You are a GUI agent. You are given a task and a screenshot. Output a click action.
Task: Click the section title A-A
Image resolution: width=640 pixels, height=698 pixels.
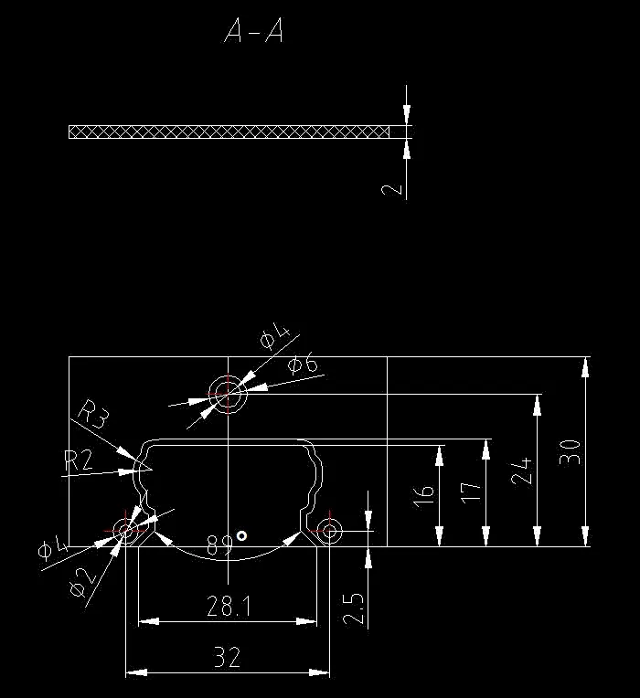pyautogui.click(x=253, y=33)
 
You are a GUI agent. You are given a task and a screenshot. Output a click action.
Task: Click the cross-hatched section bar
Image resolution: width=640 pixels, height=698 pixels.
pyautogui.click(x=229, y=132)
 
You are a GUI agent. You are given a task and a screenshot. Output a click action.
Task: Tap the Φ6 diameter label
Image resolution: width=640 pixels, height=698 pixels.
pyautogui.click(x=303, y=365)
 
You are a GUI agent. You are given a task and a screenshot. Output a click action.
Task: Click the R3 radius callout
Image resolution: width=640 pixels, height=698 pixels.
pyautogui.click(x=94, y=413)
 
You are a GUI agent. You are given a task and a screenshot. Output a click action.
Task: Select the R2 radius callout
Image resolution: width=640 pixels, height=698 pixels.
pyautogui.click(x=79, y=460)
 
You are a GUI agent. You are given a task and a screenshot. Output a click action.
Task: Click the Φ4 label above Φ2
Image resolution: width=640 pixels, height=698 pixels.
pyautogui.click(x=52, y=546)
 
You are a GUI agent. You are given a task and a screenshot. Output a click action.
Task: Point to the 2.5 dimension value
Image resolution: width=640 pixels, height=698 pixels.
pyautogui.click(x=354, y=608)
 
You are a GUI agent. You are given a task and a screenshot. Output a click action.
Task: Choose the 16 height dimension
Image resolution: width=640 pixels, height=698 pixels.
pyautogui.click(x=423, y=496)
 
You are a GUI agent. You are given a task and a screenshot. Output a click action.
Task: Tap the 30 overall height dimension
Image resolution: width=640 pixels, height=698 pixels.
pyautogui.click(x=570, y=451)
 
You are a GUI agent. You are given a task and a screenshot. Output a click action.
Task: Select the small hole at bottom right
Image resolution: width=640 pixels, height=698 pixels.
pyautogui.click(x=329, y=529)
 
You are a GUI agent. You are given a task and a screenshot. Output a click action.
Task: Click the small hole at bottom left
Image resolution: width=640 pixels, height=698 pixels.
pyautogui.click(x=125, y=529)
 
